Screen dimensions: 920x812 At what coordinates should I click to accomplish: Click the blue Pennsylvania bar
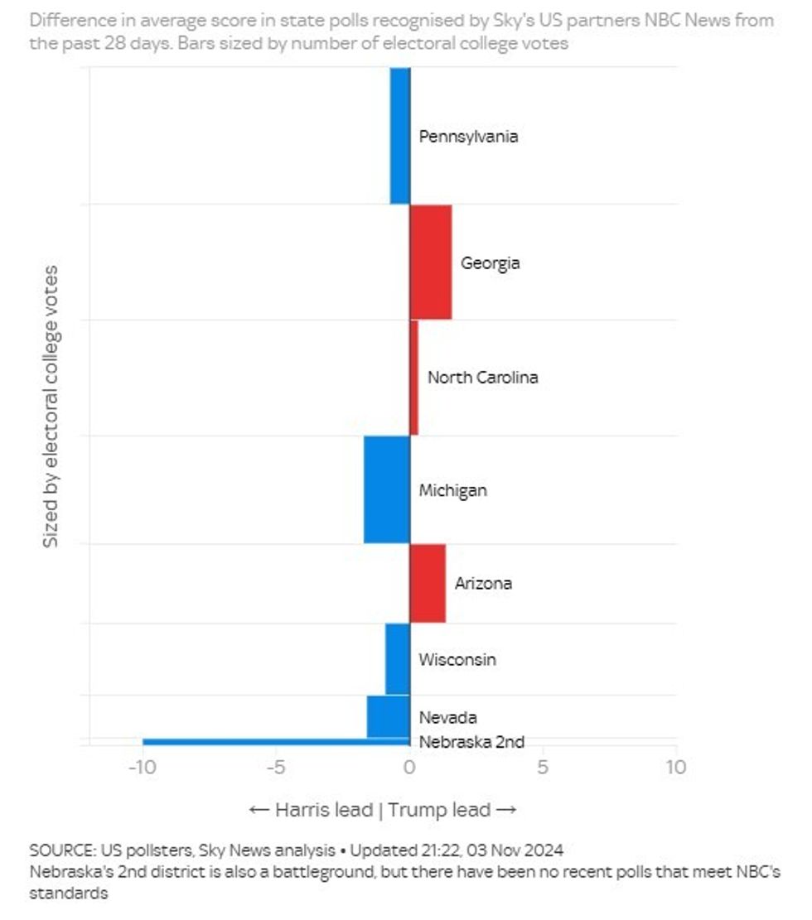click(x=400, y=135)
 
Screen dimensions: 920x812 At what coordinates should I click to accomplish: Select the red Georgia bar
click(x=431, y=262)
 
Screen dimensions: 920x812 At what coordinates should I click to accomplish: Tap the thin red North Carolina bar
click(x=413, y=378)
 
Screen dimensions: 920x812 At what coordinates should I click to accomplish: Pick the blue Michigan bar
click(x=387, y=489)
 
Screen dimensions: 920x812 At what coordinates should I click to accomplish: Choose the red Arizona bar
click(x=428, y=583)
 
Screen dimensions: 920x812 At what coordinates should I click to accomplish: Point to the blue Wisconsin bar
click(x=398, y=659)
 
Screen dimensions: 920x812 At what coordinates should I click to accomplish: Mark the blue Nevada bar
click(x=389, y=716)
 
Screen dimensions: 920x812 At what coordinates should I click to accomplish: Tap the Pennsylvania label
click(x=468, y=136)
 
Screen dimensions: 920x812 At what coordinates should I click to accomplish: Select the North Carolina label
click(x=482, y=377)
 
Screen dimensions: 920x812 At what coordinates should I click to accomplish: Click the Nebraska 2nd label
click(x=471, y=742)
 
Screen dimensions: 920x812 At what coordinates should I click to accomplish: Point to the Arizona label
click(x=483, y=583)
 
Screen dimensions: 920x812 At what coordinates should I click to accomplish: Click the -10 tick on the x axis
click(x=142, y=767)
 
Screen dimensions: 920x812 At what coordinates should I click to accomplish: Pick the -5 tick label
click(x=276, y=767)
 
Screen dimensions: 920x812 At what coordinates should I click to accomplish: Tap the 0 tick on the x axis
click(x=409, y=767)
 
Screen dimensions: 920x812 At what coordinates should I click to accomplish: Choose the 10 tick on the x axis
click(x=676, y=767)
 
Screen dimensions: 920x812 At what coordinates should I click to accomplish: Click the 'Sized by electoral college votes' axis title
click(x=51, y=406)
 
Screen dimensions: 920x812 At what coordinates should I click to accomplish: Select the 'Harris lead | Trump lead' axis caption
click(x=383, y=809)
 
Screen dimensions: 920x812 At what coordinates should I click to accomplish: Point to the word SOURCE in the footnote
click(x=62, y=850)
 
